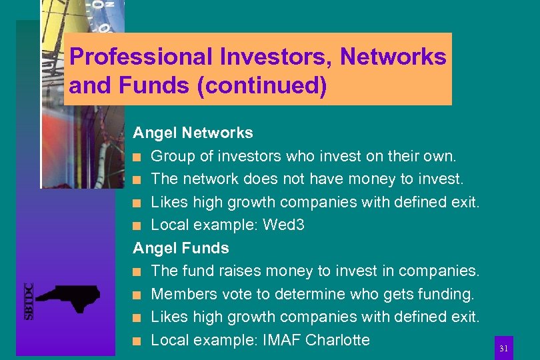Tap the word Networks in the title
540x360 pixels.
[x=393, y=57]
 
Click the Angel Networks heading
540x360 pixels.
[x=193, y=133]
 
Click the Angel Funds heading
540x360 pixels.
[x=181, y=248]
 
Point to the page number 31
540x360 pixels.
[x=504, y=349]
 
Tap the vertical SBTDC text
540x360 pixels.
[x=29, y=301]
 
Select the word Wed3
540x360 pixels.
[x=283, y=225]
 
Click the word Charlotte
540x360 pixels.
[x=337, y=340]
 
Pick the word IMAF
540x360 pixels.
[x=281, y=340]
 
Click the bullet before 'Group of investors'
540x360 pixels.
[x=137, y=157]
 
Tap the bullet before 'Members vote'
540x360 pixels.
[x=137, y=295]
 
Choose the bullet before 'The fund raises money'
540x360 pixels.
[x=137, y=271]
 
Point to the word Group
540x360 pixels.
[x=171, y=157]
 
